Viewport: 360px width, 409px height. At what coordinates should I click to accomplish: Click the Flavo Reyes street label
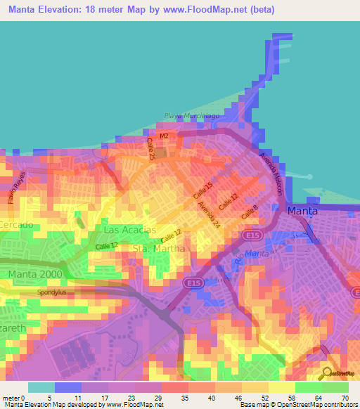[x=15, y=184]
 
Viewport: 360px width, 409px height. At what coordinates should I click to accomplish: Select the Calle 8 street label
[x=250, y=212]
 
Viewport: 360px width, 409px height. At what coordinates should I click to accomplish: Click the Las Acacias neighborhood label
[x=129, y=230]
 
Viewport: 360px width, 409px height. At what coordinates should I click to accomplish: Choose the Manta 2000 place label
[x=34, y=273]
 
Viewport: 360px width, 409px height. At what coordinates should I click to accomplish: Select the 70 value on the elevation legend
[x=344, y=397]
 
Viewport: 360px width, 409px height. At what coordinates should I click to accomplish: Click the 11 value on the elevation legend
[x=78, y=397]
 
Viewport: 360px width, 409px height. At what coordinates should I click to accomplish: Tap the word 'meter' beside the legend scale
[x=13, y=397]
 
